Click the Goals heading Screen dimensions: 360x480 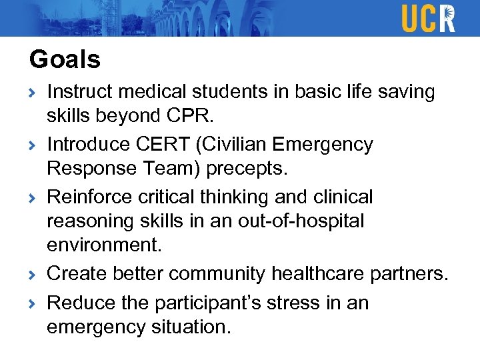point(65,60)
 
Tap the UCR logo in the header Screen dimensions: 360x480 point(428,18)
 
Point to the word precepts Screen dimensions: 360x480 point(247,168)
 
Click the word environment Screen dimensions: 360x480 point(104,245)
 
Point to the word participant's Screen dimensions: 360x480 point(212,303)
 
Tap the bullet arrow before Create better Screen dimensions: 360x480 point(33,275)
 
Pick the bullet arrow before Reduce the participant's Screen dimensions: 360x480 point(33,304)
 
